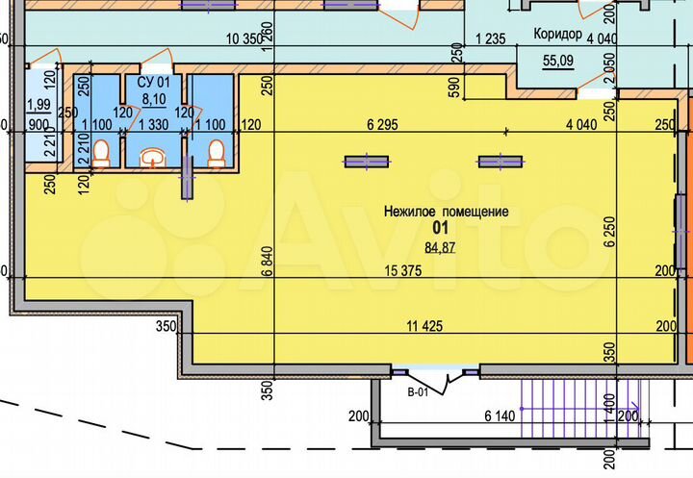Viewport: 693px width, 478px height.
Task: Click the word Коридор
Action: tap(557, 34)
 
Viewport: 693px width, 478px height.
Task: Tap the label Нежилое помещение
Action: tap(446, 212)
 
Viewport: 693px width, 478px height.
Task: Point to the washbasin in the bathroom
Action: tap(153, 157)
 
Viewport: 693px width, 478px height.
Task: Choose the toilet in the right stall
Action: tap(217, 152)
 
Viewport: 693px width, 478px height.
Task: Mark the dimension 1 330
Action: tap(154, 124)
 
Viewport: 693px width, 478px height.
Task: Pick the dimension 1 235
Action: tap(492, 39)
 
